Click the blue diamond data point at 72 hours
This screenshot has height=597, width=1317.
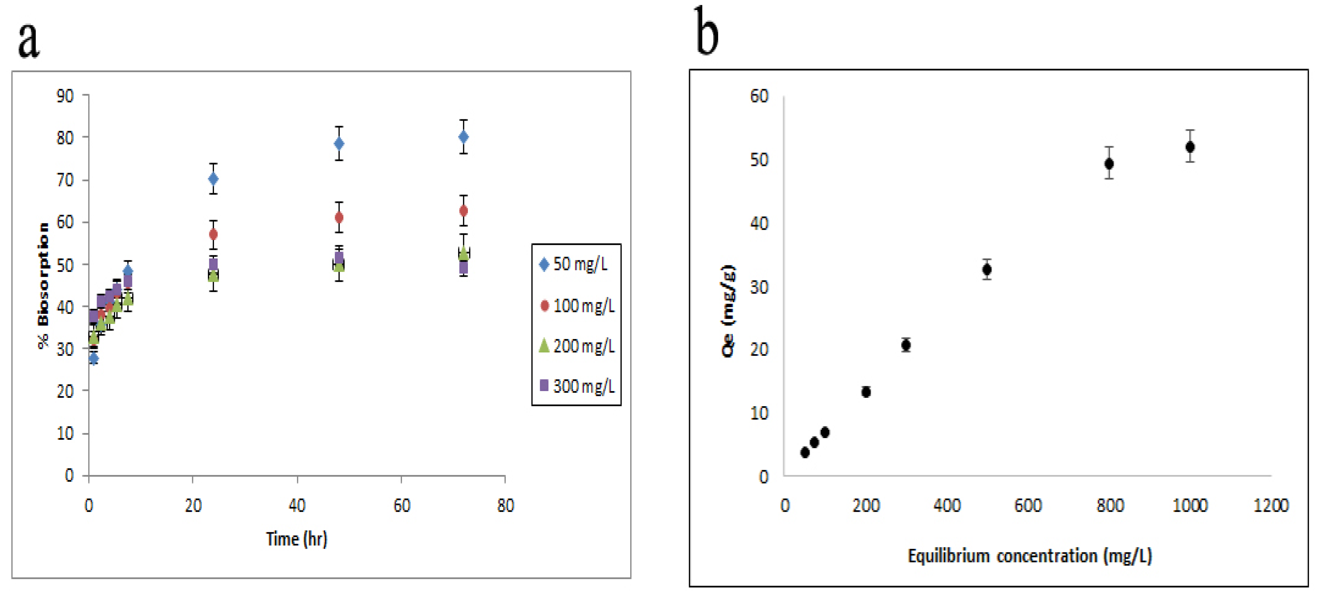pyautogui.click(x=463, y=137)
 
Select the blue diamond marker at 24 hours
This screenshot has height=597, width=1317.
pyautogui.click(x=213, y=178)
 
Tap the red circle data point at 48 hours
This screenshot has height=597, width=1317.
pyautogui.click(x=339, y=217)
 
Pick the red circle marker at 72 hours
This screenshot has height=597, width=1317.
pyautogui.click(x=463, y=211)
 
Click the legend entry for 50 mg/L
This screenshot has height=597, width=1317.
pyautogui.click(x=574, y=264)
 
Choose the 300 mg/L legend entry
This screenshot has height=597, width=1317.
pyautogui.click(x=577, y=386)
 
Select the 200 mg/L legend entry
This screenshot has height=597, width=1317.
pyautogui.click(x=577, y=346)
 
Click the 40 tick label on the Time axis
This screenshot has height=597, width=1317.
pyautogui.click(x=297, y=505)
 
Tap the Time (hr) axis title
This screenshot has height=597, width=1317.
pyautogui.click(x=297, y=538)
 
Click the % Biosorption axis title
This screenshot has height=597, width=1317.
pyautogui.click(x=43, y=286)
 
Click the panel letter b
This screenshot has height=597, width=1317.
pyautogui.click(x=707, y=32)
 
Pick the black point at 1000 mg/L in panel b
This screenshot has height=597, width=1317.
pyautogui.click(x=1190, y=147)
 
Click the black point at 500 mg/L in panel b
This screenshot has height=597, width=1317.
pyautogui.click(x=987, y=269)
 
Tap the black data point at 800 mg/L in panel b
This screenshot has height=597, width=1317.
pyautogui.click(x=1109, y=164)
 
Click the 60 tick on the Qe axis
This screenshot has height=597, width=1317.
pyautogui.click(x=759, y=96)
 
